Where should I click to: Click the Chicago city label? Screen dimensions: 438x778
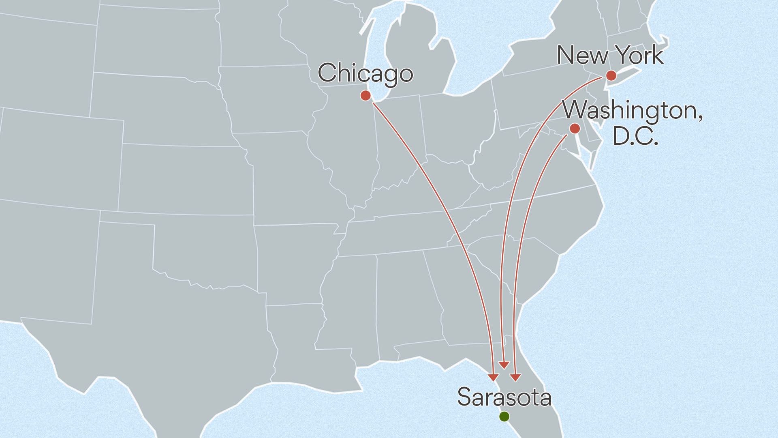[365, 74]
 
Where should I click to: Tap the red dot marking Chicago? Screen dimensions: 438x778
[365, 95]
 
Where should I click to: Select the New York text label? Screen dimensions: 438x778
[610, 56]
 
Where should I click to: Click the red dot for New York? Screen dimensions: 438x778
[611, 75]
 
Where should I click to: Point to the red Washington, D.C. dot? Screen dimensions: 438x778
[575, 129]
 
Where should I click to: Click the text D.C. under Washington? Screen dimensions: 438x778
[635, 136]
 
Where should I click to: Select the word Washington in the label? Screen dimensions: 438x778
[633, 111]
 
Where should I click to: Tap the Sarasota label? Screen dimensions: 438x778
[504, 397]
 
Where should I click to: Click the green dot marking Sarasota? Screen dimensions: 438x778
[504, 416]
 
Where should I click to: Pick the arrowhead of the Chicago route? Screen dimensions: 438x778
[494, 377]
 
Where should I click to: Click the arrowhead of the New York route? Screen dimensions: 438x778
[504, 365]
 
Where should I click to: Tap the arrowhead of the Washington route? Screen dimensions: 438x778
[515, 378]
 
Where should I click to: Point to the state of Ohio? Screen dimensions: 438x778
[454, 126]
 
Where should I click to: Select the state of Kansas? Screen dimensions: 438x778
[186, 178]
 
